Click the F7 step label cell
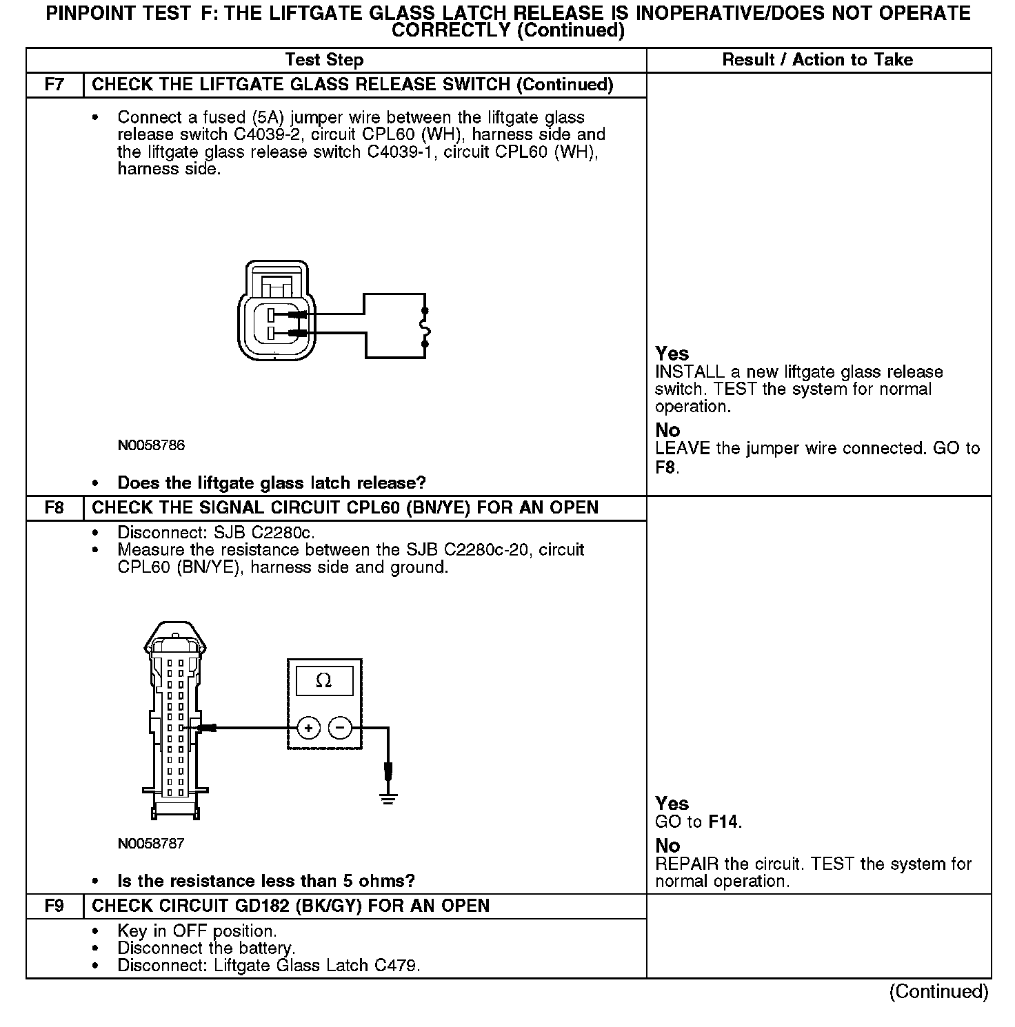pyautogui.click(x=54, y=85)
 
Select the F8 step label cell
pyautogui.click(x=54, y=508)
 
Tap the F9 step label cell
pyautogui.click(x=54, y=906)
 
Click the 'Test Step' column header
pyautogui.click(x=324, y=60)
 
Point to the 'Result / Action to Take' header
pyautogui.click(x=817, y=60)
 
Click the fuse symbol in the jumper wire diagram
pyautogui.click(x=425, y=325)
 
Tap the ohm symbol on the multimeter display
pyautogui.click(x=323, y=681)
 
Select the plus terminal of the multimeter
pyautogui.click(x=308, y=728)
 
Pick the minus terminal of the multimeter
pyautogui.click(x=340, y=728)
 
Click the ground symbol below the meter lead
pyautogui.click(x=388, y=800)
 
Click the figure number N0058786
pyautogui.click(x=151, y=445)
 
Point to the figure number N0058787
pyautogui.click(x=151, y=844)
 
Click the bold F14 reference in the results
pyautogui.click(x=724, y=822)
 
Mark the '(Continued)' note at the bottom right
pyautogui.click(x=938, y=992)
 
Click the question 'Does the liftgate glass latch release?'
pyautogui.click(x=272, y=482)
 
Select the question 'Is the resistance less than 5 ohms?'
pyautogui.click(x=266, y=881)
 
